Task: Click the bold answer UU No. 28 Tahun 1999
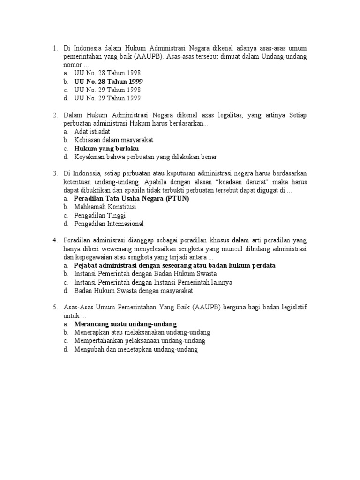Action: click(108, 82)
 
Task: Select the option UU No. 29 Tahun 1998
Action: click(107, 90)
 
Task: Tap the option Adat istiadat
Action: click(92, 132)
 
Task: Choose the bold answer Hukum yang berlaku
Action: click(106, 149)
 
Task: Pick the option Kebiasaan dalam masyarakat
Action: click(113, 140)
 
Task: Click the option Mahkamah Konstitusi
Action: click(105, 207)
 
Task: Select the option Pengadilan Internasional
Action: click(109, 224)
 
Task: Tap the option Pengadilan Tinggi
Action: click(99, 215)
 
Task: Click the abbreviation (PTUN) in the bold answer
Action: click(175, 198)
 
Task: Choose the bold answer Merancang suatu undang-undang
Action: click(125, 324)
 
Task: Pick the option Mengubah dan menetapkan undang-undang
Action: click(136, 349)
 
